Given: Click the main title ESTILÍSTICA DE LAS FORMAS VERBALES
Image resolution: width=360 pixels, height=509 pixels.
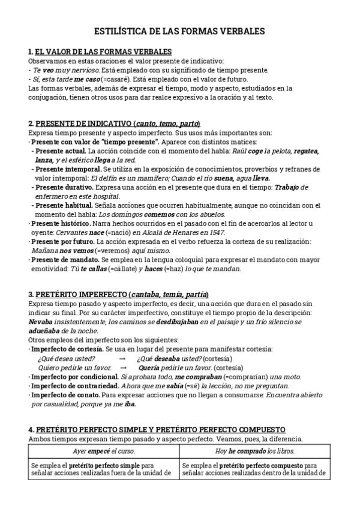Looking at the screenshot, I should coord(180,31).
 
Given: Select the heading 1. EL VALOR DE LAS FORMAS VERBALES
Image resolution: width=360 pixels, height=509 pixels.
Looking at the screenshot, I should coord(100,52).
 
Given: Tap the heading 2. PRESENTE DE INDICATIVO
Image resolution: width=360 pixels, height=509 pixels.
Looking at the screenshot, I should coord(114,123).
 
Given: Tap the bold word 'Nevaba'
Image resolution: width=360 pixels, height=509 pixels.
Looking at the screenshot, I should coord(40,322).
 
